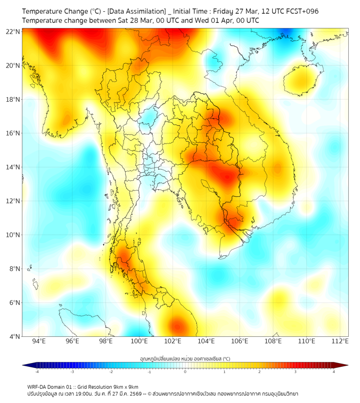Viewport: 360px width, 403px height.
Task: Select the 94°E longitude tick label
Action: coord(39,341)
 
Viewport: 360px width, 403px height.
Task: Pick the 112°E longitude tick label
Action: coord(340,341)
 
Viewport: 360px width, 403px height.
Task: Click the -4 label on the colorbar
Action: coord(37,371)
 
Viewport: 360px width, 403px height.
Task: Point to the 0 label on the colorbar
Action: coord(185,371)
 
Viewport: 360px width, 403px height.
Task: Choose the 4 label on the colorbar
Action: coord(334,371)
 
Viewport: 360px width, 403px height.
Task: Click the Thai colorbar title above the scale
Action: coord(185,358)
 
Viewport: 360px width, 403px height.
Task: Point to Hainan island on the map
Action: coord(301,80)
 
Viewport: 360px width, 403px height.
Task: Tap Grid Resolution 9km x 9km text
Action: coord(109,387)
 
